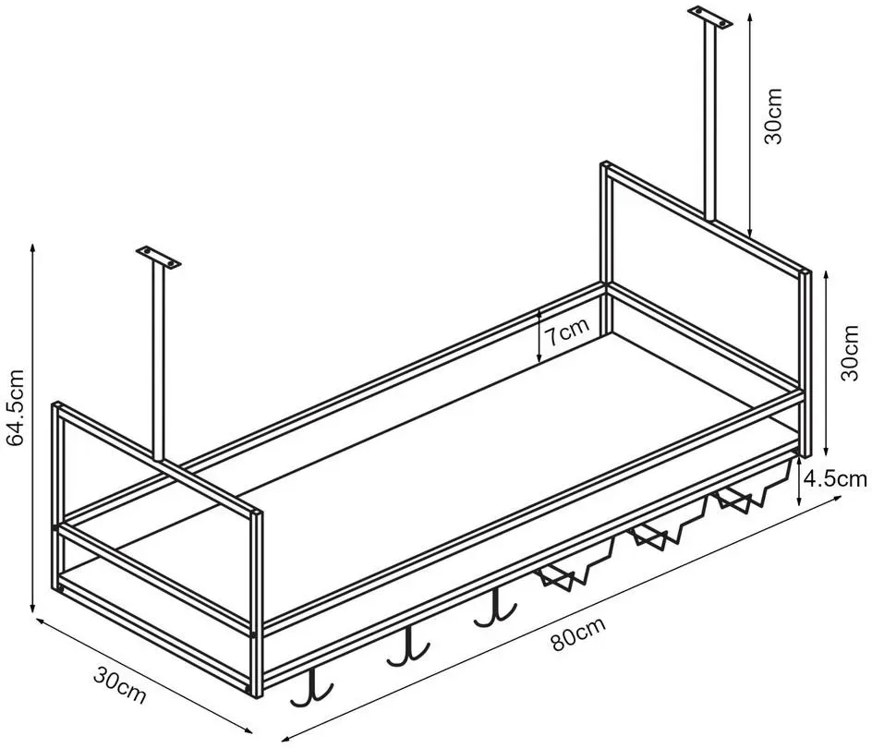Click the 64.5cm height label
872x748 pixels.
pos(15,407)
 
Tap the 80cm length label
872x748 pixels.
pos(578,634)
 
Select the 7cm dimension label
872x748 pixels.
pos(566,333)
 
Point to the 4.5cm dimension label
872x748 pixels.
pos(835,478)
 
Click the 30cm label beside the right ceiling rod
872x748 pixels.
pos(773,115)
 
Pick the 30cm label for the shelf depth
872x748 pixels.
pos(119,686)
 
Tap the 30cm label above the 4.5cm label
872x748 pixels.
pos(849,353)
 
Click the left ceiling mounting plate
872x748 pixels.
pos(160,257)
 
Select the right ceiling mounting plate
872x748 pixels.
pos(710,16)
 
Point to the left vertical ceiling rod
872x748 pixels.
pos(160,363)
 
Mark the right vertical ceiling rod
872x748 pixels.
pos(710,122)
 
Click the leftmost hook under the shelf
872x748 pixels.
pos(312,688)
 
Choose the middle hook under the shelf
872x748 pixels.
pos(409,647)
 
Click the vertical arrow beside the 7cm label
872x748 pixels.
pos(539,336)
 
